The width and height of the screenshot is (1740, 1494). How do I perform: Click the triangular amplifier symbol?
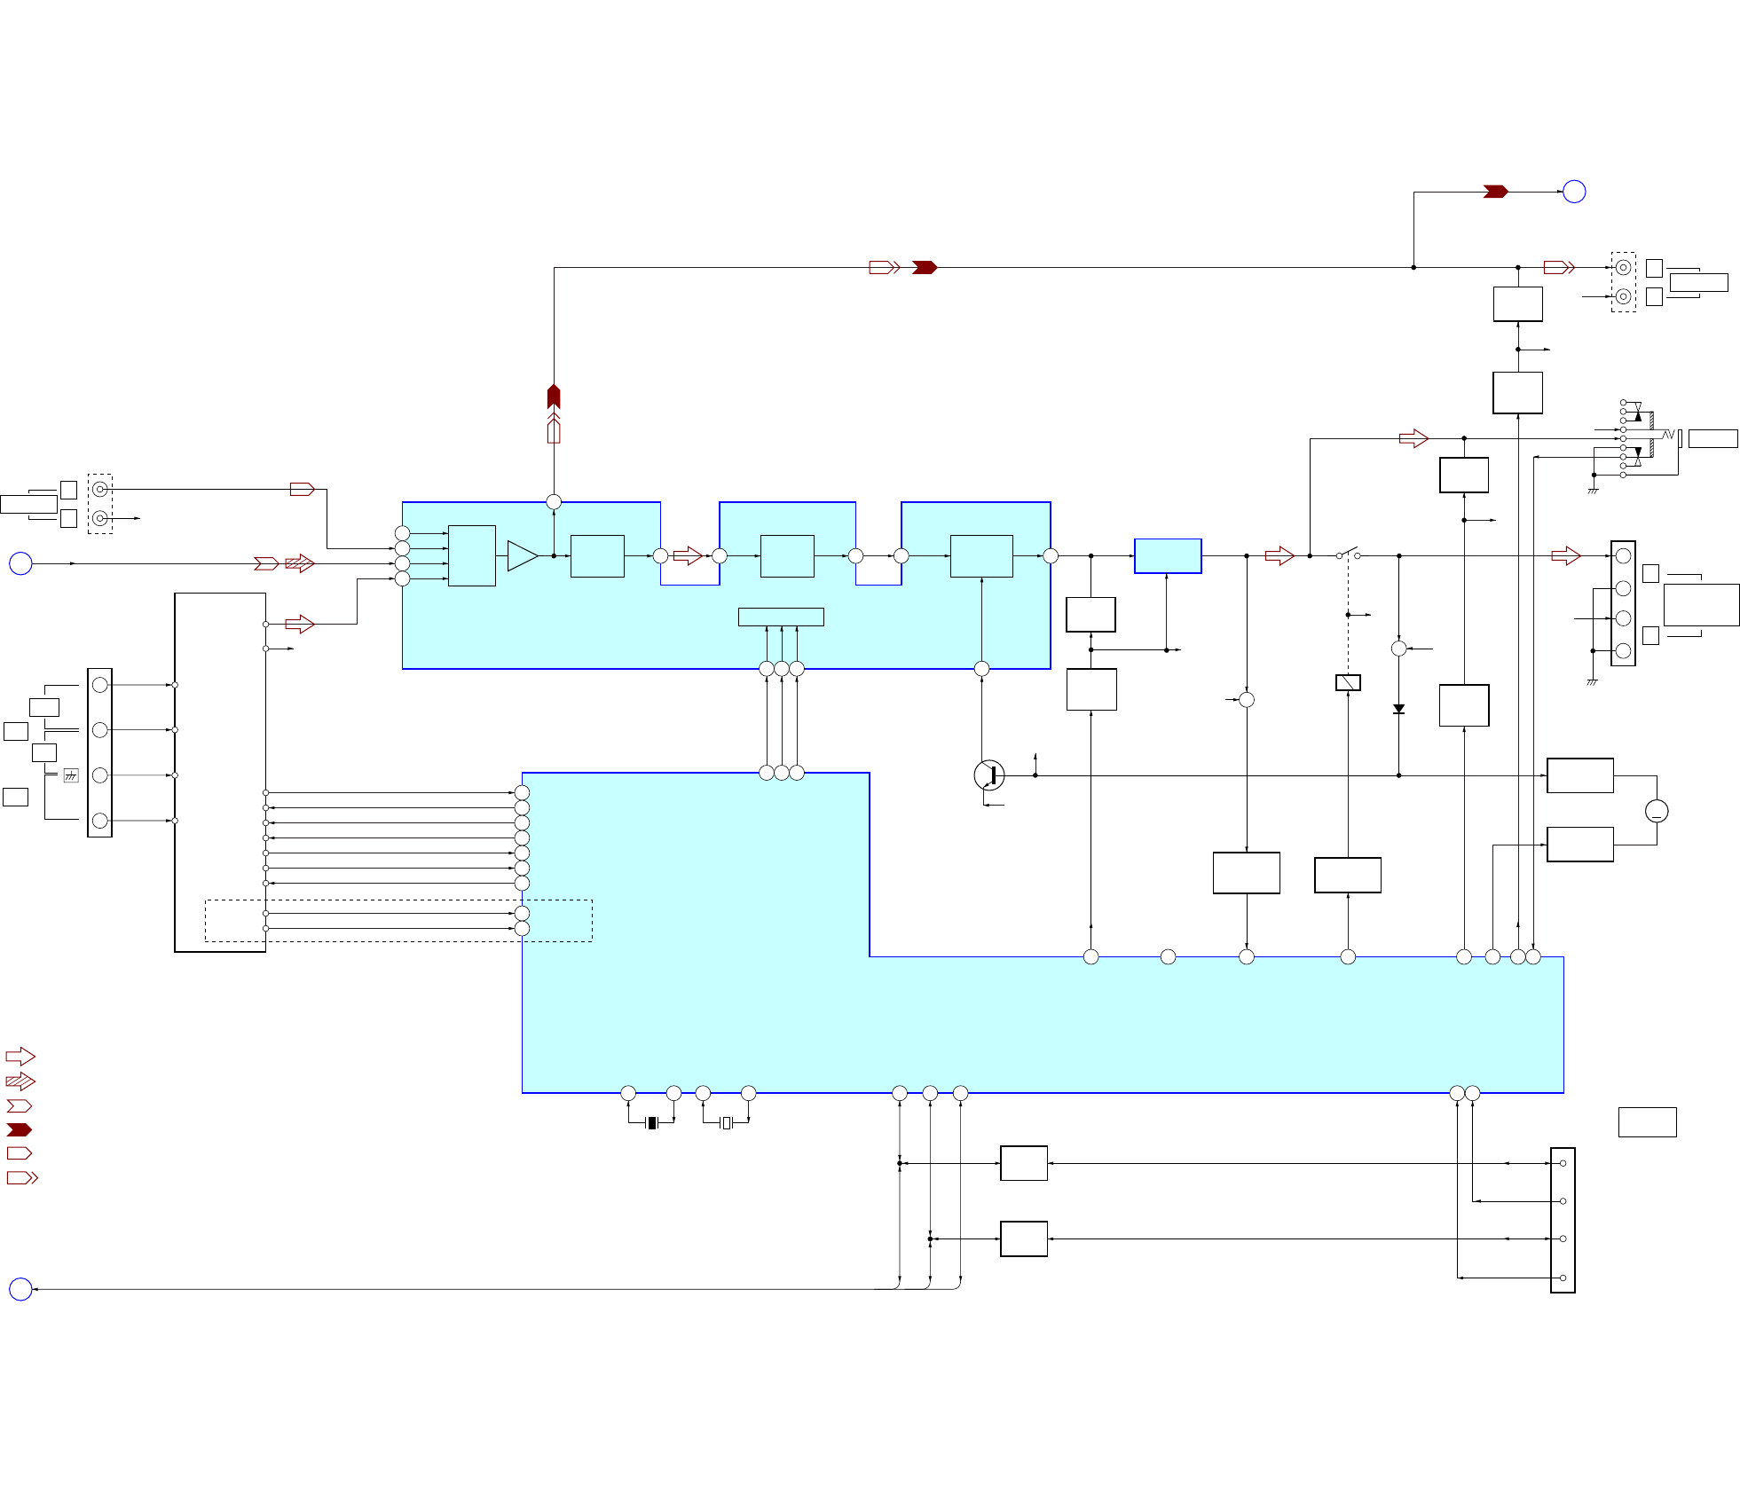coord(522,556)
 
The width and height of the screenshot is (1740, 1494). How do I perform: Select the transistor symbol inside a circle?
coord(988,775)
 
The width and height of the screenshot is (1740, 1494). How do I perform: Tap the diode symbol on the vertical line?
coord(1398,709)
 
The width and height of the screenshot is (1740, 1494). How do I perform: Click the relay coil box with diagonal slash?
coord(1348,682)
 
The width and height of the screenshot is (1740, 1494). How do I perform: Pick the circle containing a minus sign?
coord(1656,811)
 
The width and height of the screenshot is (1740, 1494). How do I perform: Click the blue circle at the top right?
coord(1573,192)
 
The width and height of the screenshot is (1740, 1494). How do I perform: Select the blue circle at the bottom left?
coord(20,1289)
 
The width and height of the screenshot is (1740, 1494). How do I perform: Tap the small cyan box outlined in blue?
coord(1168,556)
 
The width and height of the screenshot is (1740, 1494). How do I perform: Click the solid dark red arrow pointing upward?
coord(554,396)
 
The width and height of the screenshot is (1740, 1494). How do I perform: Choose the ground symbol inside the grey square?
coord(71,775)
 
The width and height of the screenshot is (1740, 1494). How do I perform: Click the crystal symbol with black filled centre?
coord(651,1122)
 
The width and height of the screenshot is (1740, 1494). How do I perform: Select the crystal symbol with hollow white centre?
coord(726,1122)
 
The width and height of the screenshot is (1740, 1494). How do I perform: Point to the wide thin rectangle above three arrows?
coord(781,617)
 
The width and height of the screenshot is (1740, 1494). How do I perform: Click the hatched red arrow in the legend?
coord(20,1081)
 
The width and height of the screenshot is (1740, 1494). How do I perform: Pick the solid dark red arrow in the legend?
coord(20,1129)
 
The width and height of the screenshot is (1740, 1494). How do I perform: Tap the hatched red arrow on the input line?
coord(300,563)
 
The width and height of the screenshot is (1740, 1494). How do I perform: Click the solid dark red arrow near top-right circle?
coord(1495,192)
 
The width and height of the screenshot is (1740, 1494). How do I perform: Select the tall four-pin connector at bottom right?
coord(1563,1220)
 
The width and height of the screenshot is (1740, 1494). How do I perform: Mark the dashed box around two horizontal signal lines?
coord(398,921)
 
